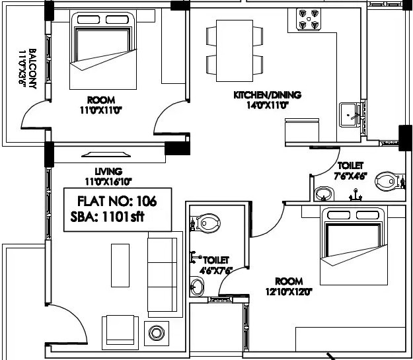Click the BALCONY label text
[32, 69]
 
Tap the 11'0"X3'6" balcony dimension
[22, 67]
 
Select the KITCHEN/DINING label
[268, 95]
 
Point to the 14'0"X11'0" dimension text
[268, 105]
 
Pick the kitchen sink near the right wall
[348, 115]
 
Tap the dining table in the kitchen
[235, 51]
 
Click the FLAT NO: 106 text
[117, 201]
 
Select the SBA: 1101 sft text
[107, 217]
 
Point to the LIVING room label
[108, 172]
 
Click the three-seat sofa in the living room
[163, 274]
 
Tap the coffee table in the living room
[120, 266]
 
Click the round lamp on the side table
[157, 333]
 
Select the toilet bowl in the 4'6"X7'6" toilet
[206, 223]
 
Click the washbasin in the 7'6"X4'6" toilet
[324, 194]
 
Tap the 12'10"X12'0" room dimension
[289, 292]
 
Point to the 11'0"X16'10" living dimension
[108, 182]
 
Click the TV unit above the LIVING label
[106, 155]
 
